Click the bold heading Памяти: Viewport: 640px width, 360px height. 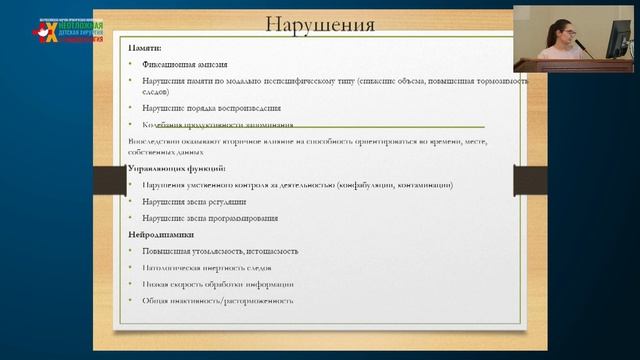point(147,48)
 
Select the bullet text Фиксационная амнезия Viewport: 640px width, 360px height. point(191,64)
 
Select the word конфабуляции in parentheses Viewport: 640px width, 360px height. point(348,185)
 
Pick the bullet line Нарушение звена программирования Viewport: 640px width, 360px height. point(210,218)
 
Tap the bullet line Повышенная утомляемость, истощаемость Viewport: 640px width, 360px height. point(221,251)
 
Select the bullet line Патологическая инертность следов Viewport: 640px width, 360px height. point(207,268)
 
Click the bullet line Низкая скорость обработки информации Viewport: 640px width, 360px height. point(215,284)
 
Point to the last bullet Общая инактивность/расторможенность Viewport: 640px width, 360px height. point(218,300)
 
